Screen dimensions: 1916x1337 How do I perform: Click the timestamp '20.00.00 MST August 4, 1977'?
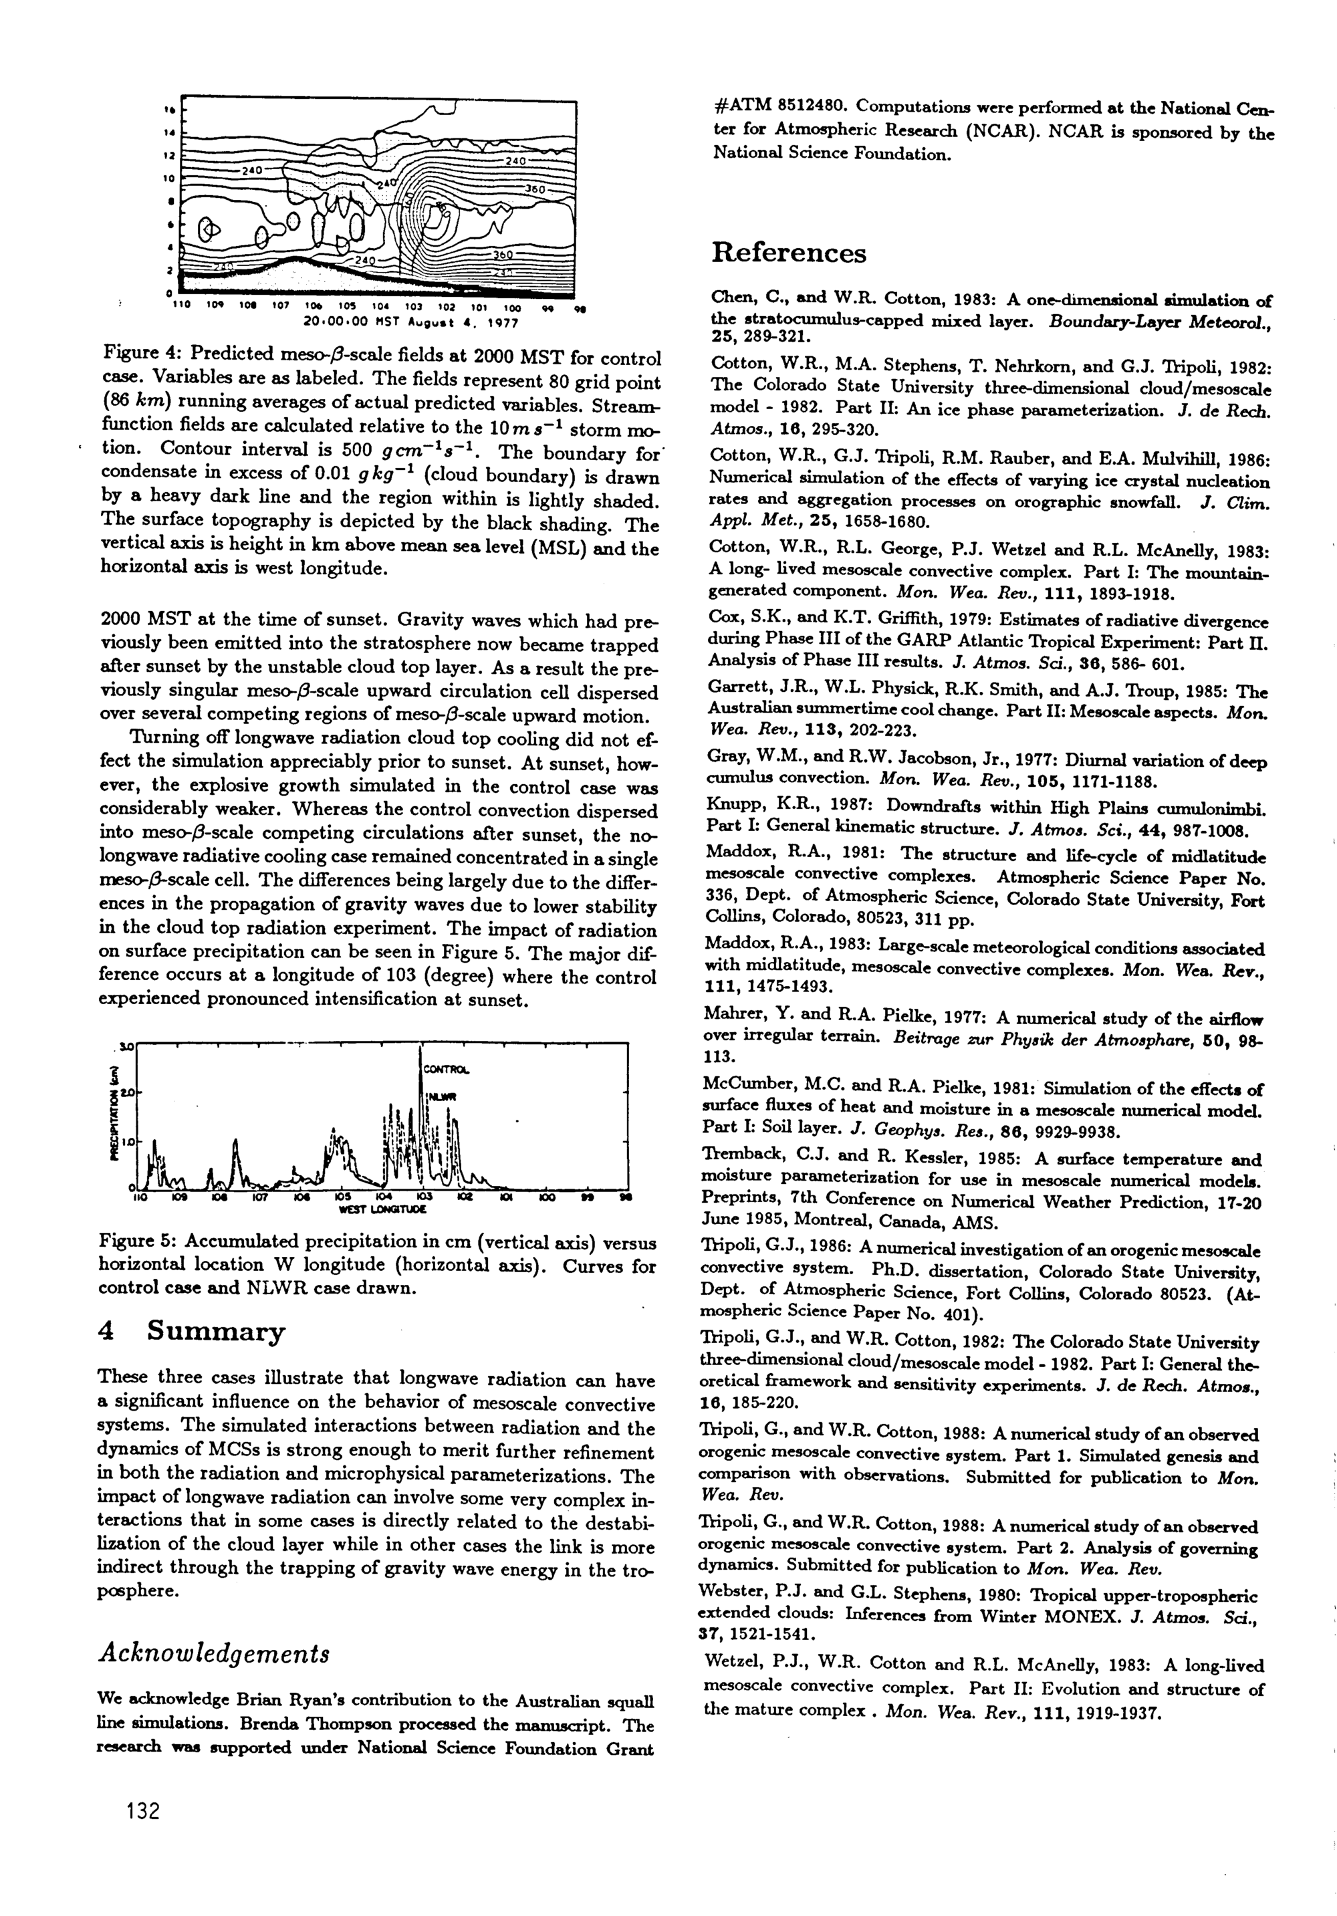pyautogui.click(x=410, y=320)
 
